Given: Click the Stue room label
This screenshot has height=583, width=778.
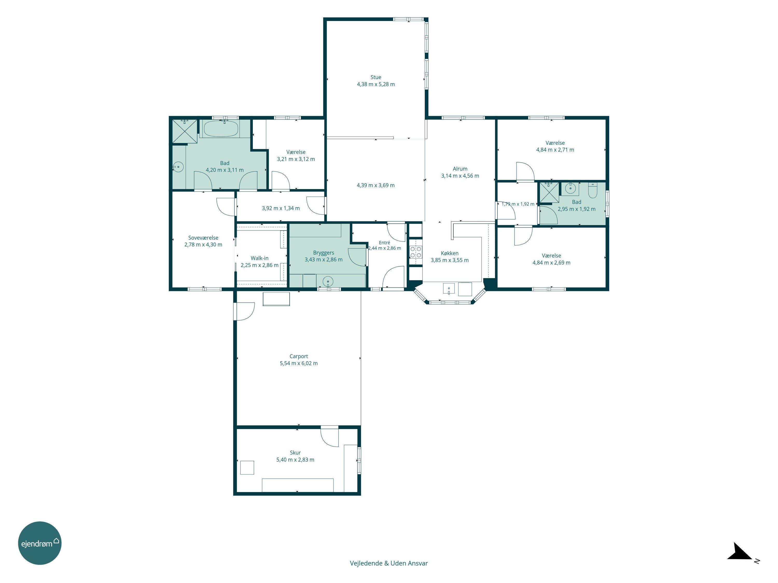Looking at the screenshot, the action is [376, 77].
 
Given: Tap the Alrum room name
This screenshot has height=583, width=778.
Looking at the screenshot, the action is [460, 169].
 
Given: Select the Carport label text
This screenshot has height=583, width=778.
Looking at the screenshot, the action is [298, 356].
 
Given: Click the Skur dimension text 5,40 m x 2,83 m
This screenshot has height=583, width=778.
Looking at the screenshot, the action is [295, 460].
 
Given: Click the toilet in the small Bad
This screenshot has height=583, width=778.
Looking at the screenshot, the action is [593, 190].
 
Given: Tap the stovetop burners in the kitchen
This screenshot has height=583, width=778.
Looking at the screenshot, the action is [416, 252].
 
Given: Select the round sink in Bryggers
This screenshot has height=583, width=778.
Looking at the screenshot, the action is [328, 281].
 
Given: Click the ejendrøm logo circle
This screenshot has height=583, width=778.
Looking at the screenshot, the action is [40, 543].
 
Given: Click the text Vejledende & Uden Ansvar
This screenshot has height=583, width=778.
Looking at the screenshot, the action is [389, 563].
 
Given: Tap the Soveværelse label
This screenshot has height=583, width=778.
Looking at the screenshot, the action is [203, 238].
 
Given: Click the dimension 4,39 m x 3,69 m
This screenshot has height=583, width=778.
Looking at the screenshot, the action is [376, 185].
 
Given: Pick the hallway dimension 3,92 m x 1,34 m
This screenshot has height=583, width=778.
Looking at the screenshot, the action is [281, 208].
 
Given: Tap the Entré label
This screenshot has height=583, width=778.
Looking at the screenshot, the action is [384, 243].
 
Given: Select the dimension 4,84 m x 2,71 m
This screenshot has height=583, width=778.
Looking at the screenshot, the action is [555, 150].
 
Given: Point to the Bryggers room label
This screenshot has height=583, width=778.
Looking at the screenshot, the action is [324, 253].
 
